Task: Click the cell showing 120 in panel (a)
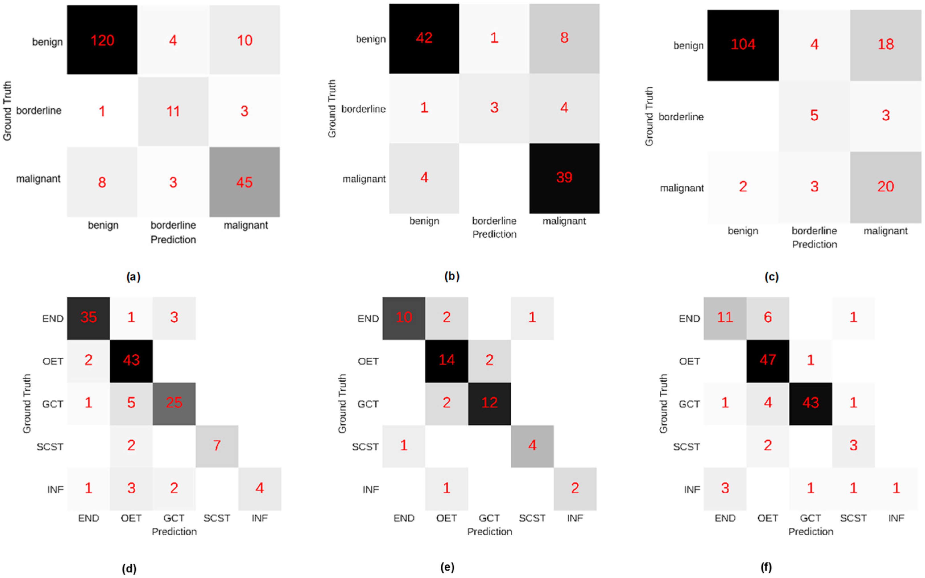pos(102,40)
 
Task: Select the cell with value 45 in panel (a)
pos(244,182)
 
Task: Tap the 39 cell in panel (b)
pos(564,178)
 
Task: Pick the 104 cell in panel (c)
pos(743,45)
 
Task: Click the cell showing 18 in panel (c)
pos(886,45)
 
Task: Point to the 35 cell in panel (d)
pos(88,318)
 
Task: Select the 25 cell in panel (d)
pos(174,403)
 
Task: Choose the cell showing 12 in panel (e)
pos(489,403)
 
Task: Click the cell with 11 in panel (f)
pos(725,318)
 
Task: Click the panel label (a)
pos(133,276)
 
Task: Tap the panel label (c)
pos(771,276)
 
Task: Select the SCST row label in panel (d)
pos(50,446)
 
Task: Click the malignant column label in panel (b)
pos(564,221)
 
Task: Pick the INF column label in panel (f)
pos(896,518)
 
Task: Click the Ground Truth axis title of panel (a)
pos(7,111)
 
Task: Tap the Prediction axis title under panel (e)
pos(489,532)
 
